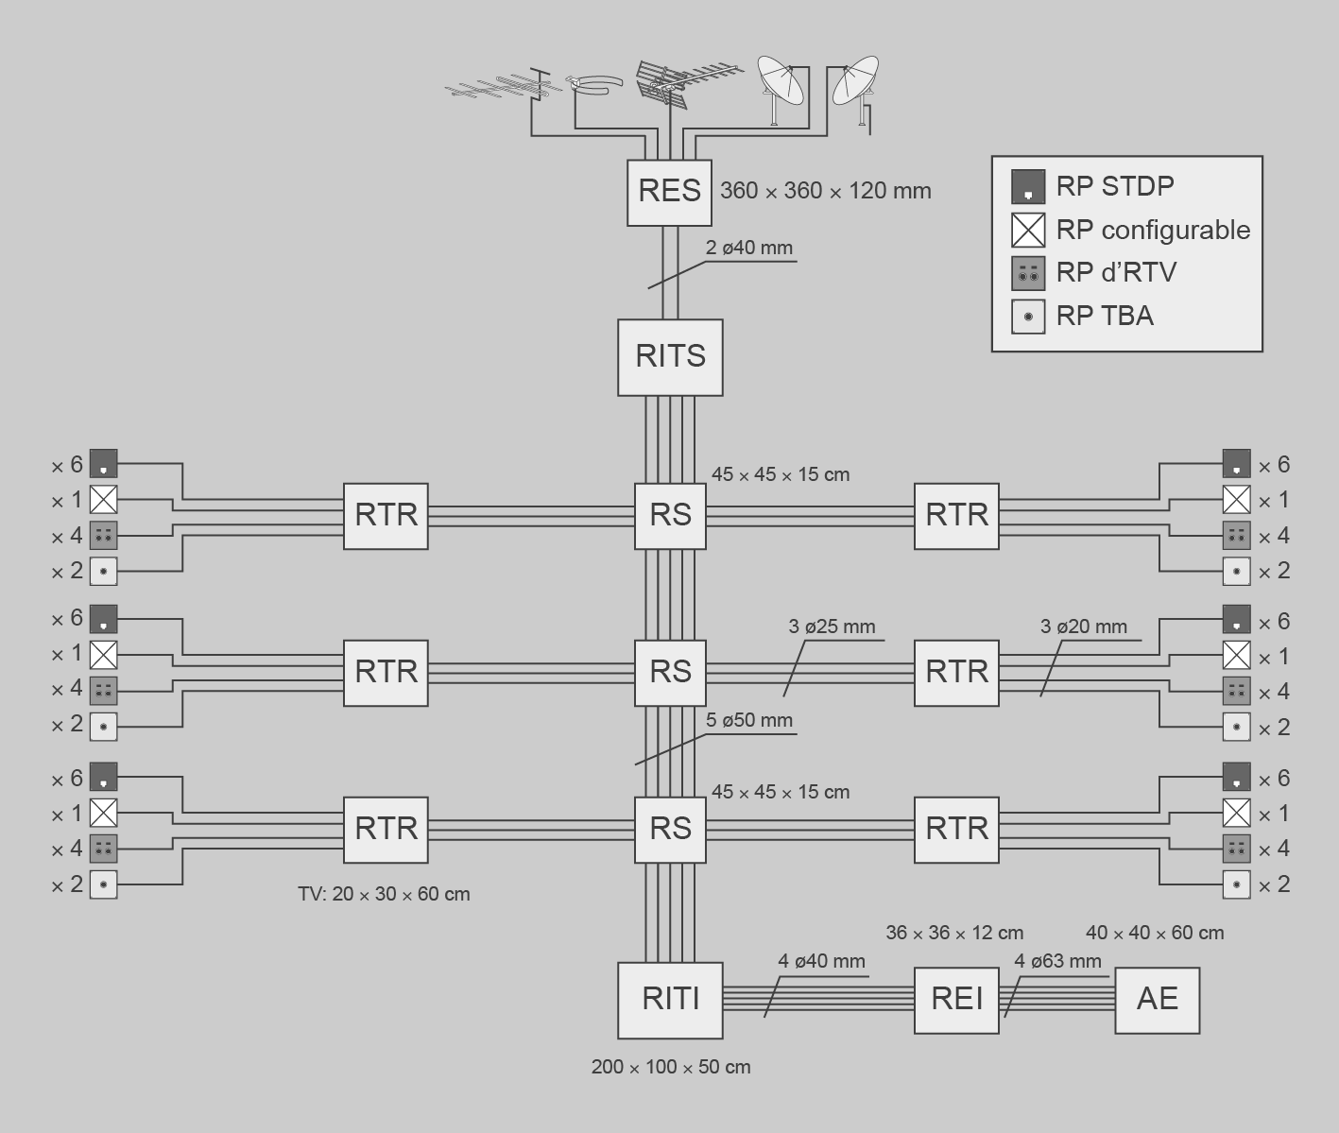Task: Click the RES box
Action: coord(669,192)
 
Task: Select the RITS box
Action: coord(670,356)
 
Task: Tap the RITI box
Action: coord(670,1000)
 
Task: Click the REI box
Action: coord(956,999)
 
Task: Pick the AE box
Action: coord(1157,999)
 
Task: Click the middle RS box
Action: coord(670,672)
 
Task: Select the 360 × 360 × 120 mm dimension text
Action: coord(825,191)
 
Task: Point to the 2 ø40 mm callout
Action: coord(748,249)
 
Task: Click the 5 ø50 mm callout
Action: coord(748,720)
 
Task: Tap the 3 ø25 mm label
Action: coord(832,627)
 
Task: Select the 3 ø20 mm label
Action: coord(1083,627)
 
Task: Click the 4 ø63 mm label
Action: coord(1057,961)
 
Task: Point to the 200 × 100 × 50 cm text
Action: coord(671,1067)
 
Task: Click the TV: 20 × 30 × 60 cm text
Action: coord(384,894)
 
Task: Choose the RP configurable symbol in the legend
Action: coord(1027,230)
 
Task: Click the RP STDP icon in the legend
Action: coord(1027,186)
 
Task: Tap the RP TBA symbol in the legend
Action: coord(1027,317)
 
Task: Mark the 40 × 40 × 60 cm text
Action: coord(1154,933)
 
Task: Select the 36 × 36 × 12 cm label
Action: coord(954,933)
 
